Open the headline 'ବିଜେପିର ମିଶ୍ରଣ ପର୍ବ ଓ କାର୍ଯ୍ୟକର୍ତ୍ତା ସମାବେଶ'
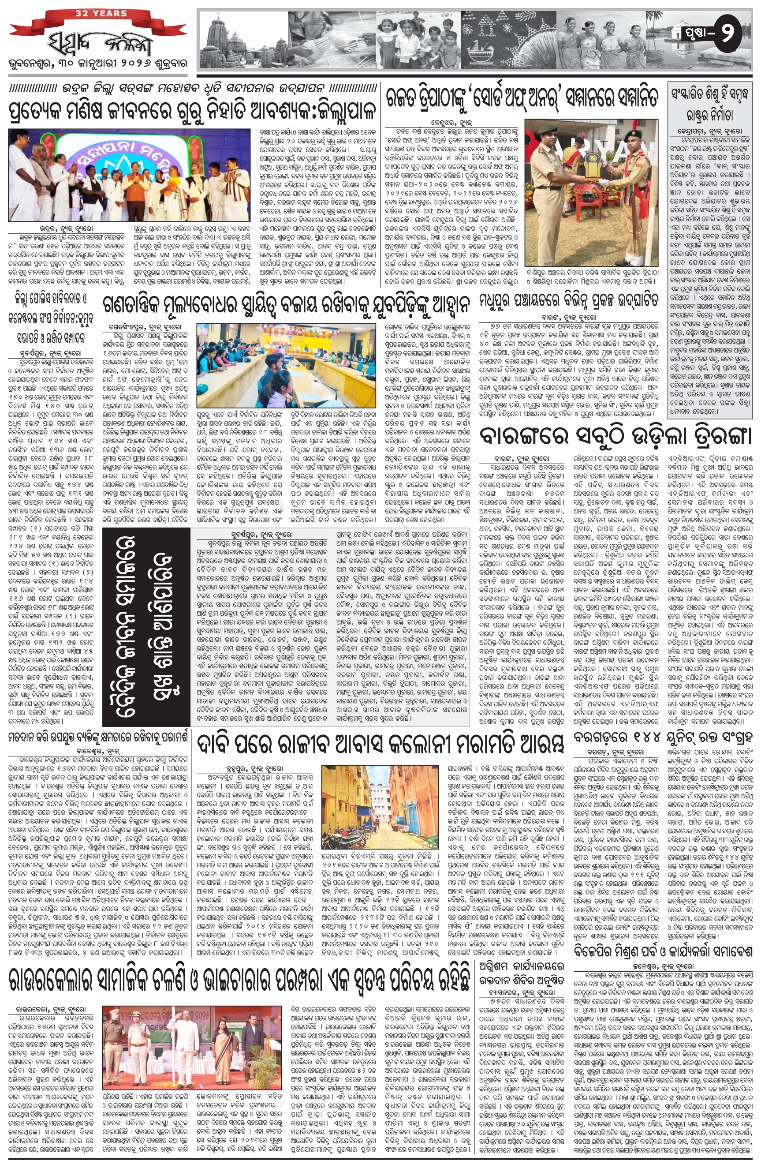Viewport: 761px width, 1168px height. [x=663, y=965]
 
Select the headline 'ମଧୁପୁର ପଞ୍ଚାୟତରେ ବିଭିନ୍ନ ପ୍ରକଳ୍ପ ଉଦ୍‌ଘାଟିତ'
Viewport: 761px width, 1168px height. [x=570, y=300]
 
